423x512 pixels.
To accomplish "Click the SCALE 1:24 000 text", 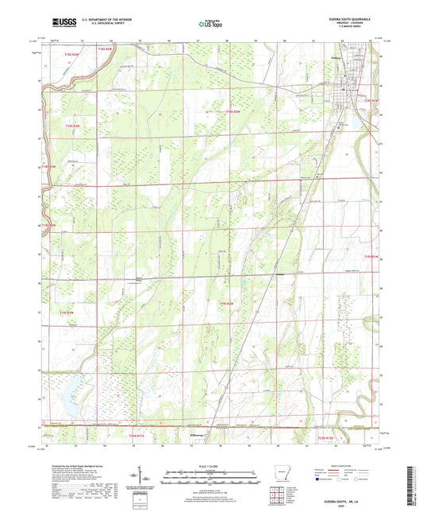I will click(210, 463).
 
